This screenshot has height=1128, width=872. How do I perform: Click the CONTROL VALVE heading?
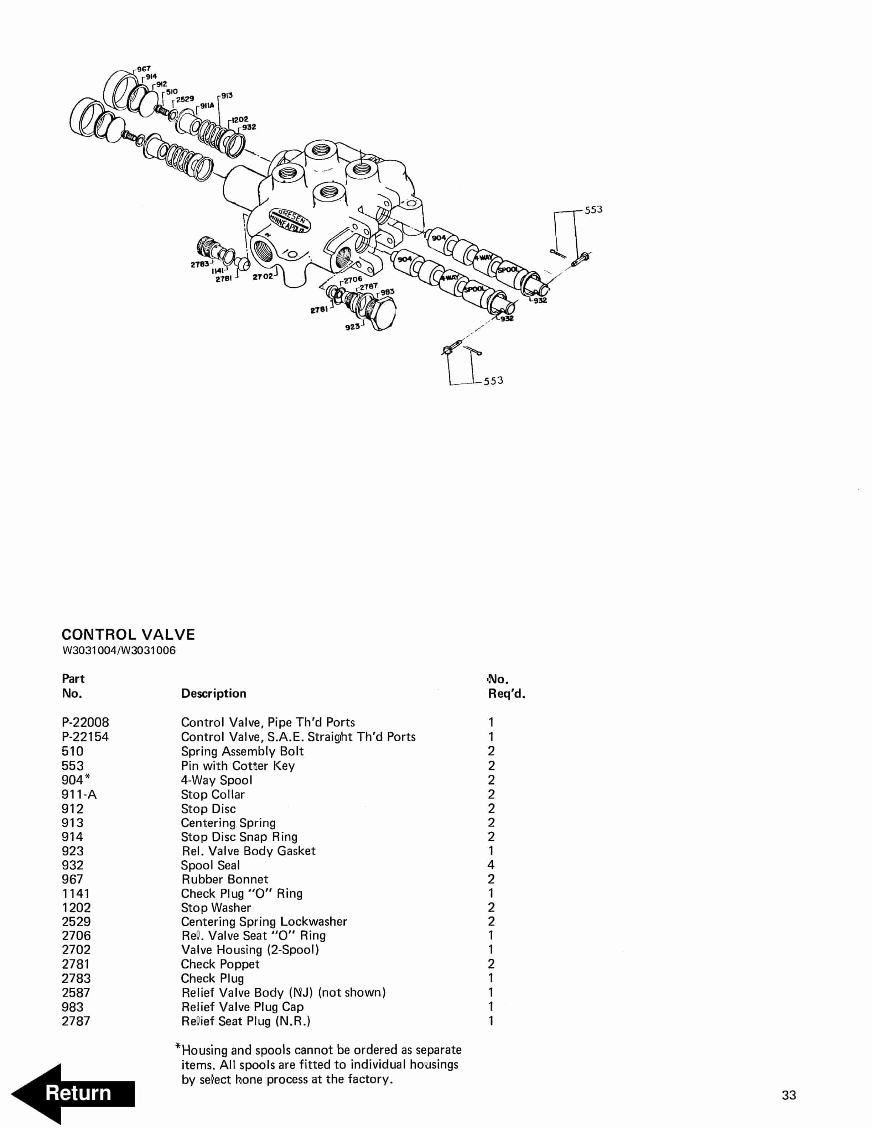[x=128, y=635]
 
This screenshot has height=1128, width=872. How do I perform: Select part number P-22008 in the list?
[x=85, y=722]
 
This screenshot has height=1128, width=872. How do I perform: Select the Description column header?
[x=213, y=693]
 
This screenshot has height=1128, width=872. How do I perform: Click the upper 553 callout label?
[x=593, y=210]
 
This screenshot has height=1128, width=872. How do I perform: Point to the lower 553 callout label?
[x=493, y=381]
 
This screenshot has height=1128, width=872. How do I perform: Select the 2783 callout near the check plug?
[x=200, y=265]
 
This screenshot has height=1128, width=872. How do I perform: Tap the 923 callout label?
[x=352, y=327]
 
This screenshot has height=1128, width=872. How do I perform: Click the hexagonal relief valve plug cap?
[x=382, y=313]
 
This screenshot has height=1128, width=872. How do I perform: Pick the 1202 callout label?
[x=240, y=119]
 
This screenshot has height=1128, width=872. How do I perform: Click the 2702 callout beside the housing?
[x=263, y=277]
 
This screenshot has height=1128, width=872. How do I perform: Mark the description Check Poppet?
[x=220, y=964]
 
